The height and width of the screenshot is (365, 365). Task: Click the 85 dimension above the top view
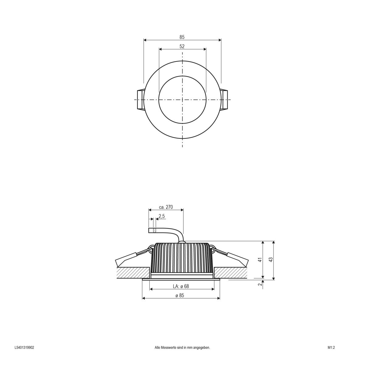coord(182,37)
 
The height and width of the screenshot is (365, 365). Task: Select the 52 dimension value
coord(182,47)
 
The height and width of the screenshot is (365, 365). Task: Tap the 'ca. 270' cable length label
coord(166,207)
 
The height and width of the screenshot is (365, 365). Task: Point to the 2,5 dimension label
coord(162,216)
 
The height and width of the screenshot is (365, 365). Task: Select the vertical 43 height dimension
coord(271,259)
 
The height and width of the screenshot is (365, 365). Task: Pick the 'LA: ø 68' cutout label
coord(181,287)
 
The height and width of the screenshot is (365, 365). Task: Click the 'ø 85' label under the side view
coord(180,295)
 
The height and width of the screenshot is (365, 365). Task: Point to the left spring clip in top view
coord(140,100)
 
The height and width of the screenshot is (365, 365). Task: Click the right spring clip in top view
coord(225,100)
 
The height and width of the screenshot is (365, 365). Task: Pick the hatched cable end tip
coord(155,231)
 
